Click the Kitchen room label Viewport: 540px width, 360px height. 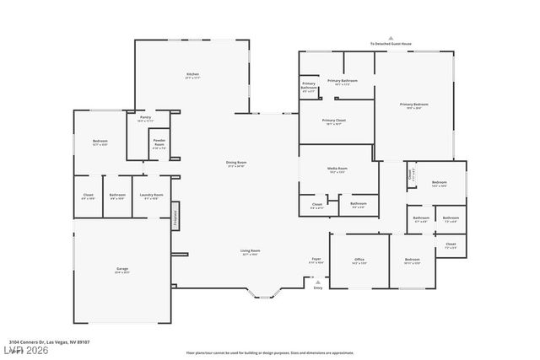(x=192, y=76)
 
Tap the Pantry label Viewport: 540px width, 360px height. (x=145, y=119)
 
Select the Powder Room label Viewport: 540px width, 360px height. (x=159, y=144)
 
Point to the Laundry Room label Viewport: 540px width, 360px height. (x=152, y=197)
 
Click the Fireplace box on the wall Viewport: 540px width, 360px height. (x=175, y=216)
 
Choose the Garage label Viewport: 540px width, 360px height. (x=122, y=270)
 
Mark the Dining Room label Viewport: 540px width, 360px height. (x=236, y=164)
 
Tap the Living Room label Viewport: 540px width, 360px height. (x=250, y=251)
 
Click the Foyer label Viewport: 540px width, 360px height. (x=316, y=261)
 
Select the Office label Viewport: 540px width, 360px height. (x=358, y=261)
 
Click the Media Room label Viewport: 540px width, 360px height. (x=337, y=169)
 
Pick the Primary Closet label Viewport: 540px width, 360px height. (x=334, y=121)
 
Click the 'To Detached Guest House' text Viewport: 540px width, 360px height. (x=389, y=43)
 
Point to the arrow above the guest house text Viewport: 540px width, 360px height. (x=389, y=37)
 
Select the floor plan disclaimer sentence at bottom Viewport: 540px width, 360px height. (x=269, y=352)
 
